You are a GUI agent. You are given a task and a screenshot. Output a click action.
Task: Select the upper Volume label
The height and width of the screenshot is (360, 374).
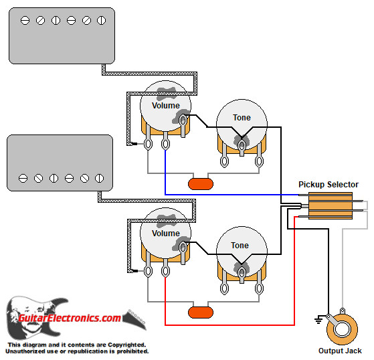tap(165, 106)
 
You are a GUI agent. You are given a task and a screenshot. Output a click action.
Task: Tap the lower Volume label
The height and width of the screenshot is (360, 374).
tap(165, 234)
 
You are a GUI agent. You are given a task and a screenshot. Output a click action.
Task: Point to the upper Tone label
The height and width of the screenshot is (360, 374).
tap(242, 118)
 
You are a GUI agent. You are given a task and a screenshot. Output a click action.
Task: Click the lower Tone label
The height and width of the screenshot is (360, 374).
tap(240, 246)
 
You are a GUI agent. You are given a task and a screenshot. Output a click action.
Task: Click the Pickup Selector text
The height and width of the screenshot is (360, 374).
tap(328, 185)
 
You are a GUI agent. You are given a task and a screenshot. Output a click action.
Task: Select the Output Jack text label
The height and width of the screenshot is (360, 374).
tap(340, 351)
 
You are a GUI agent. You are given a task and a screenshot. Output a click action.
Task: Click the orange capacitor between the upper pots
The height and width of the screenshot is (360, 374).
tap(201, 183)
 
